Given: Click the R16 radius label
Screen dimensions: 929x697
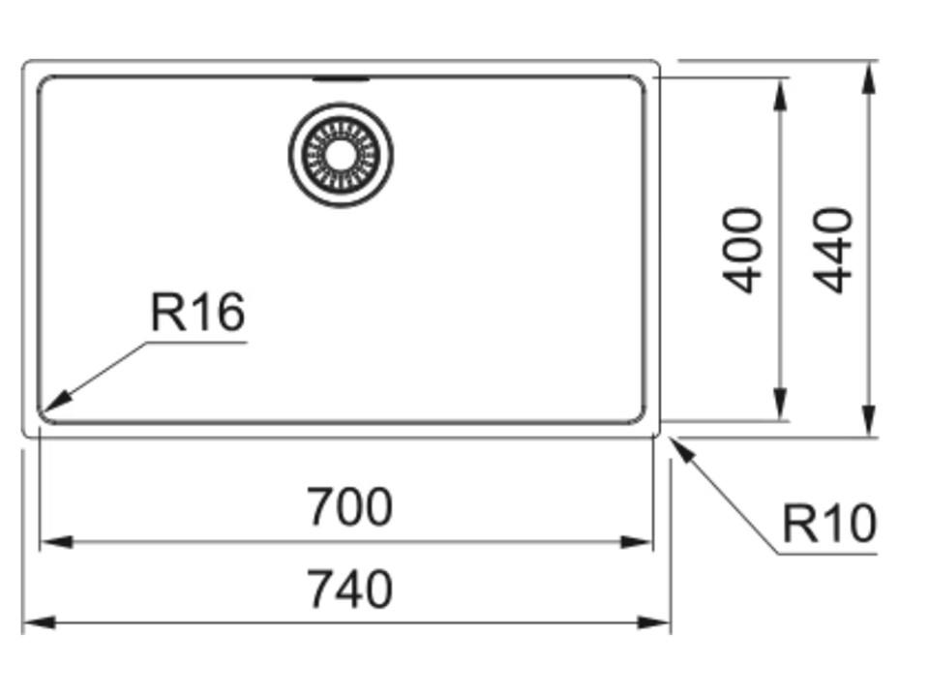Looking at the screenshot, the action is coord(197,312).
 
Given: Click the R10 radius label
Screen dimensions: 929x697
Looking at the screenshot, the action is coord(829,524).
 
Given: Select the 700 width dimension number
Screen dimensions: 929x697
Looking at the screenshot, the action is coord(349,506).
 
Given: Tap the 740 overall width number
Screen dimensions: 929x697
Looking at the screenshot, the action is coord(350,590).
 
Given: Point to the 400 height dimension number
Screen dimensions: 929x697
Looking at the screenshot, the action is coord(743,250).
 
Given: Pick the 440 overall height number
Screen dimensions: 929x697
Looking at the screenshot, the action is coord(832,250).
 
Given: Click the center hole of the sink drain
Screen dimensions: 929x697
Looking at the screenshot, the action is coord(341,155).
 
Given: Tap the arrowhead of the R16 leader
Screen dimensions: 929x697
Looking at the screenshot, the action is coord(54,402).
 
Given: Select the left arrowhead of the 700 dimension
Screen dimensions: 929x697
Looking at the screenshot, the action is coord(56,541).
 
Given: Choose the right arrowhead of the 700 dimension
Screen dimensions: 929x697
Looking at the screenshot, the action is coord(636,541).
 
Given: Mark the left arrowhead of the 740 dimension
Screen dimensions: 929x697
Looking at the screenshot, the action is coord(39,622).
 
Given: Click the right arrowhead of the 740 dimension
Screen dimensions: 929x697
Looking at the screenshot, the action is coord(653,622).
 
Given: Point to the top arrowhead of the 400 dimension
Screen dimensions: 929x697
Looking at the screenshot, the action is coord(781,94).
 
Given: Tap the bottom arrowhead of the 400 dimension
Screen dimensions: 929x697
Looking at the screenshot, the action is coord(781,405).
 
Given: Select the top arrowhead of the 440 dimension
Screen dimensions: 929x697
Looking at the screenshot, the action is coord(869,77).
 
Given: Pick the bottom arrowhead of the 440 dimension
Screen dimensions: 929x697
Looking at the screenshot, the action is coord(869,420).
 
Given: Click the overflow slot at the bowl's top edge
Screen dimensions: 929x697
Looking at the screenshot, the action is coord(341,78).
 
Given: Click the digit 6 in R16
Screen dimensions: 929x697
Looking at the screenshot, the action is coord(228,313).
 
